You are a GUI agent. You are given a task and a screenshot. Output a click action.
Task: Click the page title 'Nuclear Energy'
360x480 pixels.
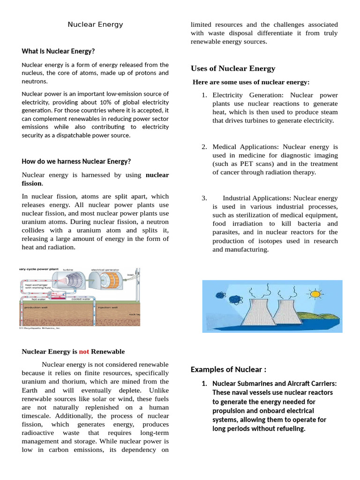tap(95, 24)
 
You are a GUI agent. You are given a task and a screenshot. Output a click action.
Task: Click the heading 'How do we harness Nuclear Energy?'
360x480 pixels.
tap(76, 161)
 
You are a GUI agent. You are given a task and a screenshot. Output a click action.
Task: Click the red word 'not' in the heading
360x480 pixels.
tap(84, 351)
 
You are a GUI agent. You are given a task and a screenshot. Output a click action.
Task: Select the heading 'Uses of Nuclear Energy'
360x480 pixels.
tap(232, 68)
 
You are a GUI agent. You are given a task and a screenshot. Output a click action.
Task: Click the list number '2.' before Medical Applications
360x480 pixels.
tap(204, 147)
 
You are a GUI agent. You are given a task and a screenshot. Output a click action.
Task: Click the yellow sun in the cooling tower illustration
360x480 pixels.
tap(314, 294)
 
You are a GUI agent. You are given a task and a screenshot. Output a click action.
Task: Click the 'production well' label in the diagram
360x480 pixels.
tap(36, 307)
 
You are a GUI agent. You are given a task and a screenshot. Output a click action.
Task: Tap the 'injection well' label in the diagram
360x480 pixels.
tap(107, 307)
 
